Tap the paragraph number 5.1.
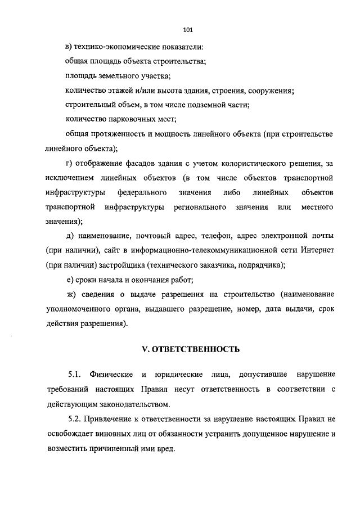[x=75, y=375]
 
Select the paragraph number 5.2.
[x=75, y=419]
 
